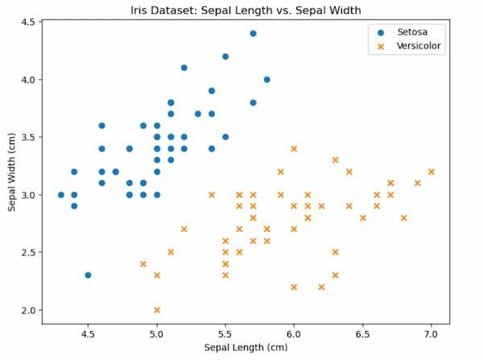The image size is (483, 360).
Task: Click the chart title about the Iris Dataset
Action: pyautogui.click(x=242, y=10)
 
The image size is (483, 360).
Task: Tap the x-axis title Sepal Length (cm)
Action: pyautogui.click(x=246, y=348)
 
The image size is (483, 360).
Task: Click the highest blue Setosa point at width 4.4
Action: pyautogui.click(x=253, y=34)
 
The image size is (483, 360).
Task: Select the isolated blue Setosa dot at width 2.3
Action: pyautogui.click(x=88, y=275)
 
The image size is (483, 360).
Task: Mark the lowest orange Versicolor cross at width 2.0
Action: pyautogui.click(x=157, y=310)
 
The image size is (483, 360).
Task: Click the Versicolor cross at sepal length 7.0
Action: pyautogui.click(x=431, y=172)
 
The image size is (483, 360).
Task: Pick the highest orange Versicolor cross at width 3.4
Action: pyautogui.click(x=294, y=148)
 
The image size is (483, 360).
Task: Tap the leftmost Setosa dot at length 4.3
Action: pyautogui.click(x=60, y=195)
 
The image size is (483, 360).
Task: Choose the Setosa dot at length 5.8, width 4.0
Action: pyautogui.click(x=266, y=80)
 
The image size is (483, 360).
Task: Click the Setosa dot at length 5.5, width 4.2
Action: pyautogui.click(x=225, y=56)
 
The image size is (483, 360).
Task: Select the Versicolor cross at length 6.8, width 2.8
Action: pyautogui.click(x=404, y=217)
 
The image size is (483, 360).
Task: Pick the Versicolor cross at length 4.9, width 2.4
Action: pyautogui.click(x=143, y=263)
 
